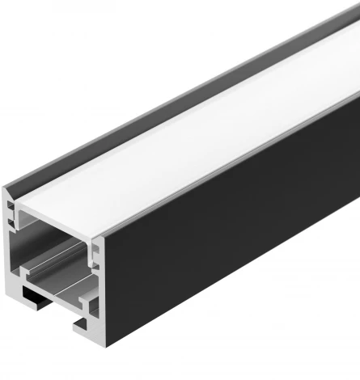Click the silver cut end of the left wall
[x=9, y=243]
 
